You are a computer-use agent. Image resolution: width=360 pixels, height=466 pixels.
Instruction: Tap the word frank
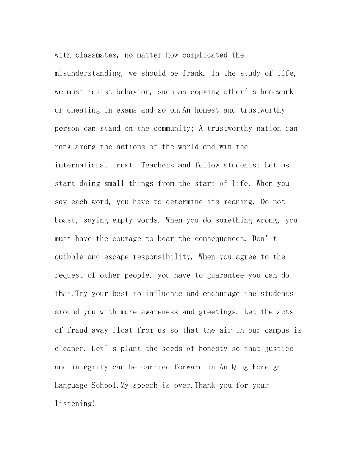point(195,73)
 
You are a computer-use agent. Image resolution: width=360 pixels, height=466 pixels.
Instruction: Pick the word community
point(174,128)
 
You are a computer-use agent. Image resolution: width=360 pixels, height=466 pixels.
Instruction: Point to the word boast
point(65,220)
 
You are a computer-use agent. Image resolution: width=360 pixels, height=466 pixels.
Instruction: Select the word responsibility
point(162,257)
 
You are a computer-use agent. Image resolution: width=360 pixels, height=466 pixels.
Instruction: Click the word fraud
point(77,330)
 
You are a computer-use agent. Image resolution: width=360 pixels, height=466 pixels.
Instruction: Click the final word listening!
point(75,404)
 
